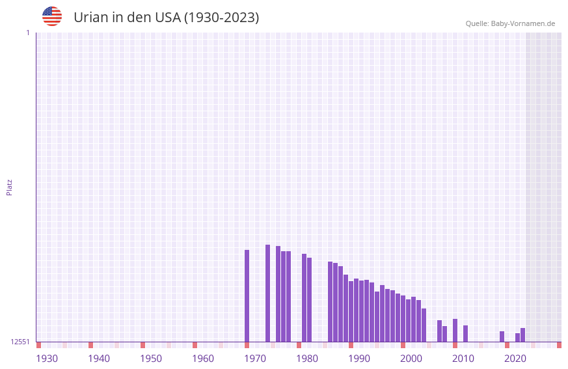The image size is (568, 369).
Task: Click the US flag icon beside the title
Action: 52,16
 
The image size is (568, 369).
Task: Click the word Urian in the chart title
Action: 90,18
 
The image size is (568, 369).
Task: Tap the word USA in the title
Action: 167,18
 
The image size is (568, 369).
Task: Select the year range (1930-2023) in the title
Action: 221,18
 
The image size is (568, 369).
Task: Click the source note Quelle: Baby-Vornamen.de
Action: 510,23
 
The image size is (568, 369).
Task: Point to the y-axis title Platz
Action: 9,187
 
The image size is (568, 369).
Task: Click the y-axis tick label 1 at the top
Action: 27,33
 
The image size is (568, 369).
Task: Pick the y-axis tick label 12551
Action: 20,342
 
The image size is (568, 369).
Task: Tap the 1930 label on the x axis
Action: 47,359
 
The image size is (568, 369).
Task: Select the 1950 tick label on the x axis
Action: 151,359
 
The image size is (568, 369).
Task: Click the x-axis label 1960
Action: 203,359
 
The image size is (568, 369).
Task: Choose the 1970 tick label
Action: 255,359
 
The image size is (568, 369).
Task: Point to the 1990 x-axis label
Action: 359,359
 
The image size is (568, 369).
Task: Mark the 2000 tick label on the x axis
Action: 411,359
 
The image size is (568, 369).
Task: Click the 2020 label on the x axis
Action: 515,359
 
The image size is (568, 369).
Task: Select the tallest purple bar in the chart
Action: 267,293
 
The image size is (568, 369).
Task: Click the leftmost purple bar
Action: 247,296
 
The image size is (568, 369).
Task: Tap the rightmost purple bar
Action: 522,335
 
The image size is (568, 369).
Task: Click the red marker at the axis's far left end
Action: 38,345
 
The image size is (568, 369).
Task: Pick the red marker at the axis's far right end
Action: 559,345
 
